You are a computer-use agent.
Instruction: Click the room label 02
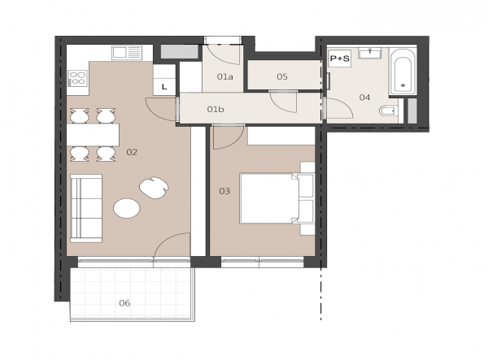point(132,152)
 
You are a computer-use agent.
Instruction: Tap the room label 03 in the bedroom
point(224,191)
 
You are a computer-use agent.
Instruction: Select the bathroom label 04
point(364,98)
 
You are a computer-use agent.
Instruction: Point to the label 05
point(282,76)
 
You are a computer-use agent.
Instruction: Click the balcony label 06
point(124,303)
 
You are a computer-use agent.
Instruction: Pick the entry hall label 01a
point(224,76)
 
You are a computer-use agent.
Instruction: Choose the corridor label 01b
point(216,109)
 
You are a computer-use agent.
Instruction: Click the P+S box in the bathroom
point(339,59)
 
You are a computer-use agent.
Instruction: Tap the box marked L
point(164,87)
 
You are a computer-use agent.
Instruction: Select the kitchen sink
point(127,53)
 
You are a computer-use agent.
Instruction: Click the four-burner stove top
point(77,78)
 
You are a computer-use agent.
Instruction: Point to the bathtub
point(403,72)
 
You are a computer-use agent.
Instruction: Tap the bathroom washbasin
point(369,53)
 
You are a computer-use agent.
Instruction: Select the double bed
point(277,198)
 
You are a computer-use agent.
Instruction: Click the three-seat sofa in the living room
point(86,208)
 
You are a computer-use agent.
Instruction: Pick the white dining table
point(93,135)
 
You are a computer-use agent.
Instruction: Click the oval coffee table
point(127,208)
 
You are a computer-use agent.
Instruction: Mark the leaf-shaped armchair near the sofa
point(154,188)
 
